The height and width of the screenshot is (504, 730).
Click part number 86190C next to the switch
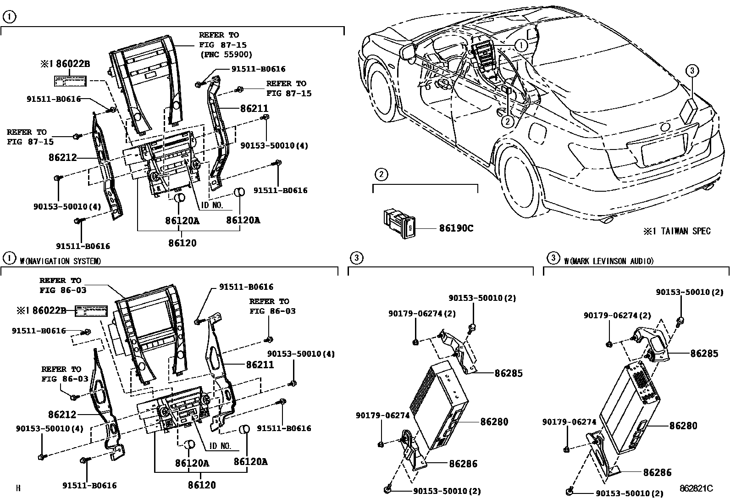(456, 228)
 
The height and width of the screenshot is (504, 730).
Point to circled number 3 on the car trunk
(692, 70)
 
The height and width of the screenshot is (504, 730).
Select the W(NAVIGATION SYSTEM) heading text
(60, 261)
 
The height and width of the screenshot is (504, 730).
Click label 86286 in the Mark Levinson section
(657, 472)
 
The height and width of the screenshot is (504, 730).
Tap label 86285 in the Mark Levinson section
(704, 353)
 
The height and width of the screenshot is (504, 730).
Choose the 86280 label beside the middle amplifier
(494, 421)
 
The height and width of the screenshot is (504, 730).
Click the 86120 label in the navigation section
(202, 484)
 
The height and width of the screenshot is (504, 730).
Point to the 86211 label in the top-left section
(254, 109)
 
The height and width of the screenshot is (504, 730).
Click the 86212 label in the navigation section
(62, 415)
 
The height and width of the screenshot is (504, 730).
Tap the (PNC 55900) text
(226, 55)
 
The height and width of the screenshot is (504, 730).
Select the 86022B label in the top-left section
(76, 65)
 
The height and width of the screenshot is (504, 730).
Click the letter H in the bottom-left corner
(18, 488)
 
